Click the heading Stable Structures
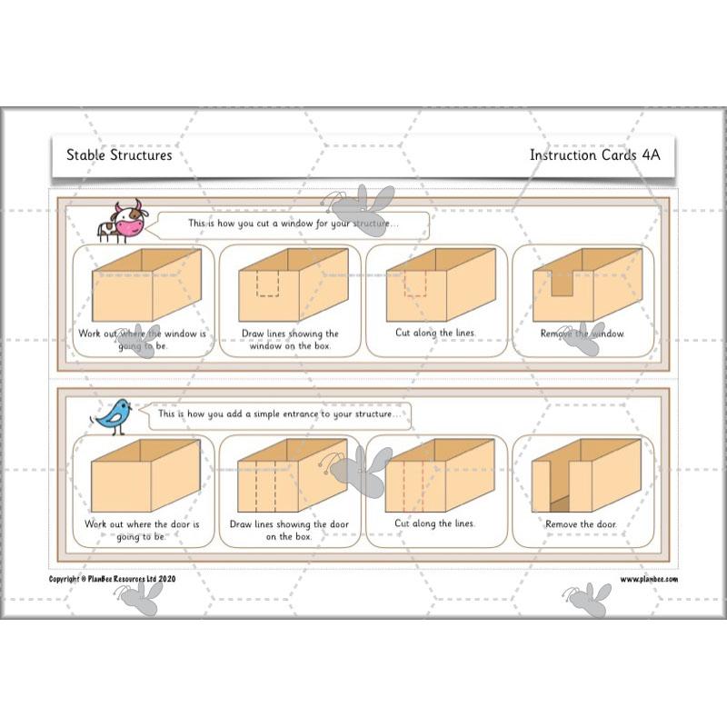point(119,154)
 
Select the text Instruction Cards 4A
point(594,154)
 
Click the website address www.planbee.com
point(649,579)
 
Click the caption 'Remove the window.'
point(583,334)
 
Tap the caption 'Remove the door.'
point(581,524)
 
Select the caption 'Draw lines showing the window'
point(290,340)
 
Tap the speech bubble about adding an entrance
point(277,414)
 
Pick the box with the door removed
point(582,477)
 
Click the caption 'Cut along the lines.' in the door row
point(435,523)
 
